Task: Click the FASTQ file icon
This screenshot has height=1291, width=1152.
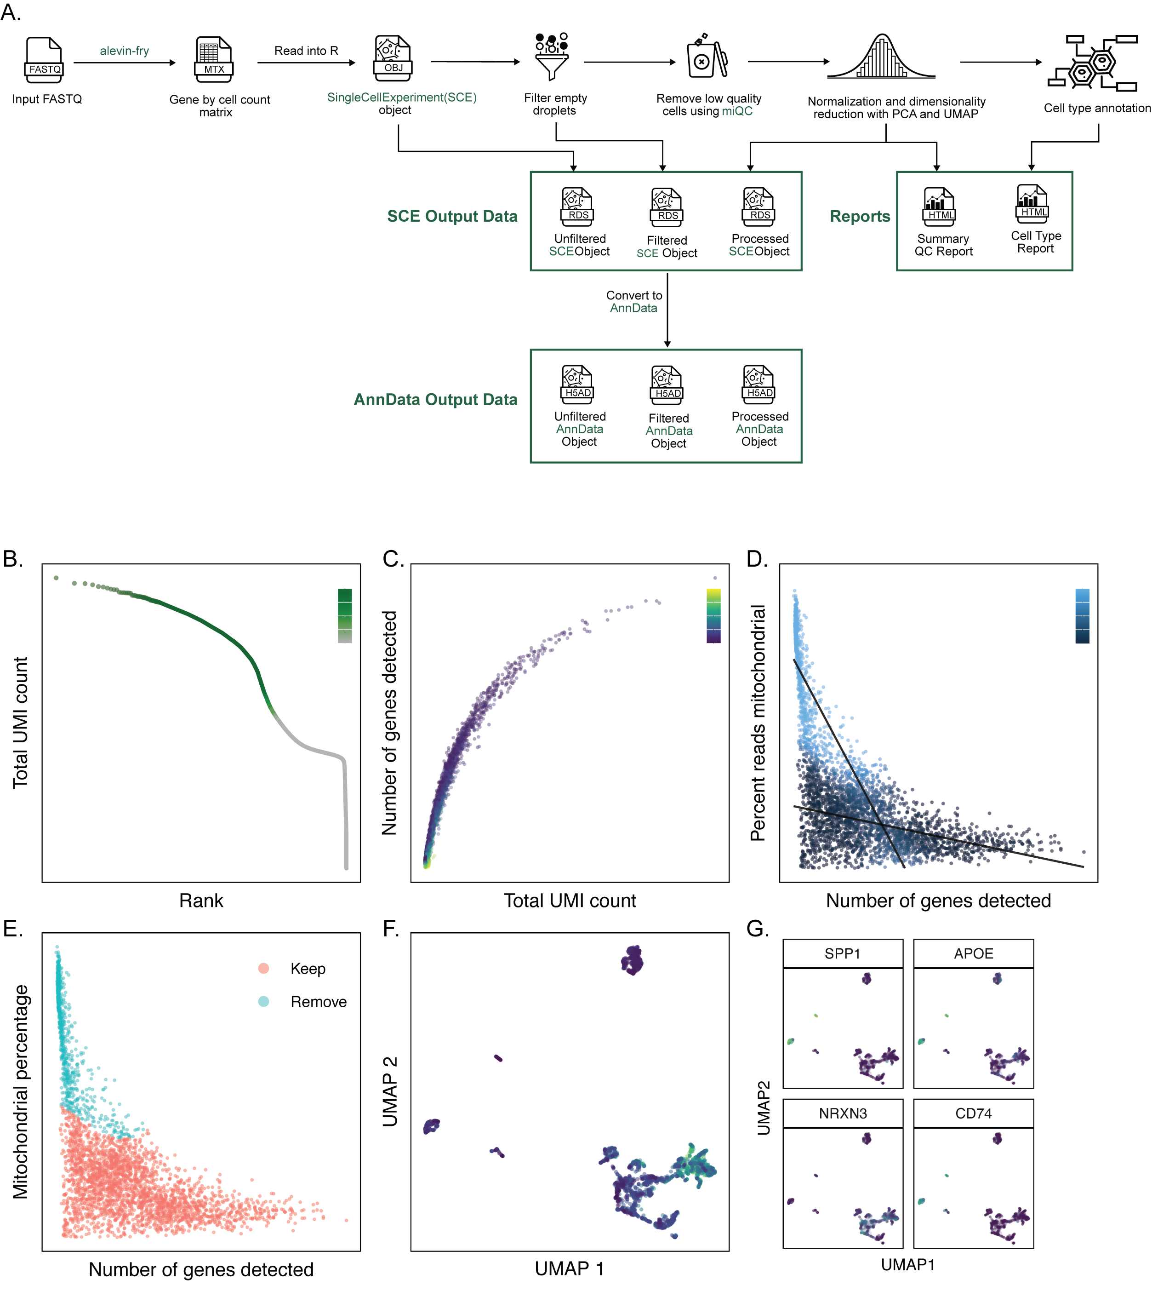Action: (44, 60)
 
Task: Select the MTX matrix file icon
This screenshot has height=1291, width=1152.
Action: (213, 60)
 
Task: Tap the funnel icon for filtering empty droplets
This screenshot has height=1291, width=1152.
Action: (551, 57)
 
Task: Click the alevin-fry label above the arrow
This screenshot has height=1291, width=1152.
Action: (124, 51)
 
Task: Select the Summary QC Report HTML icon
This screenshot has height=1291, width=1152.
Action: (939, 207)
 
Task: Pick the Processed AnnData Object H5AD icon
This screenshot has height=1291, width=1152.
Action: (758, 384)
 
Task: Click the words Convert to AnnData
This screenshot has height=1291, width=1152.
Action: (634, 301)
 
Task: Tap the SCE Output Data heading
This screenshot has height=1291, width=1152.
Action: (452, 217)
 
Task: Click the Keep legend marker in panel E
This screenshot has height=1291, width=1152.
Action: (264, 968)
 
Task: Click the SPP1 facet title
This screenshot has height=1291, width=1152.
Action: (843, 953)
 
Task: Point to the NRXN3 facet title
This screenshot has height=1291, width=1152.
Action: (843, 1113)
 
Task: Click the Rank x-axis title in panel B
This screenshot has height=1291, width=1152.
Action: (201, 901)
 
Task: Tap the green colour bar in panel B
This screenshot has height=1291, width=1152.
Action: (344, 615)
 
